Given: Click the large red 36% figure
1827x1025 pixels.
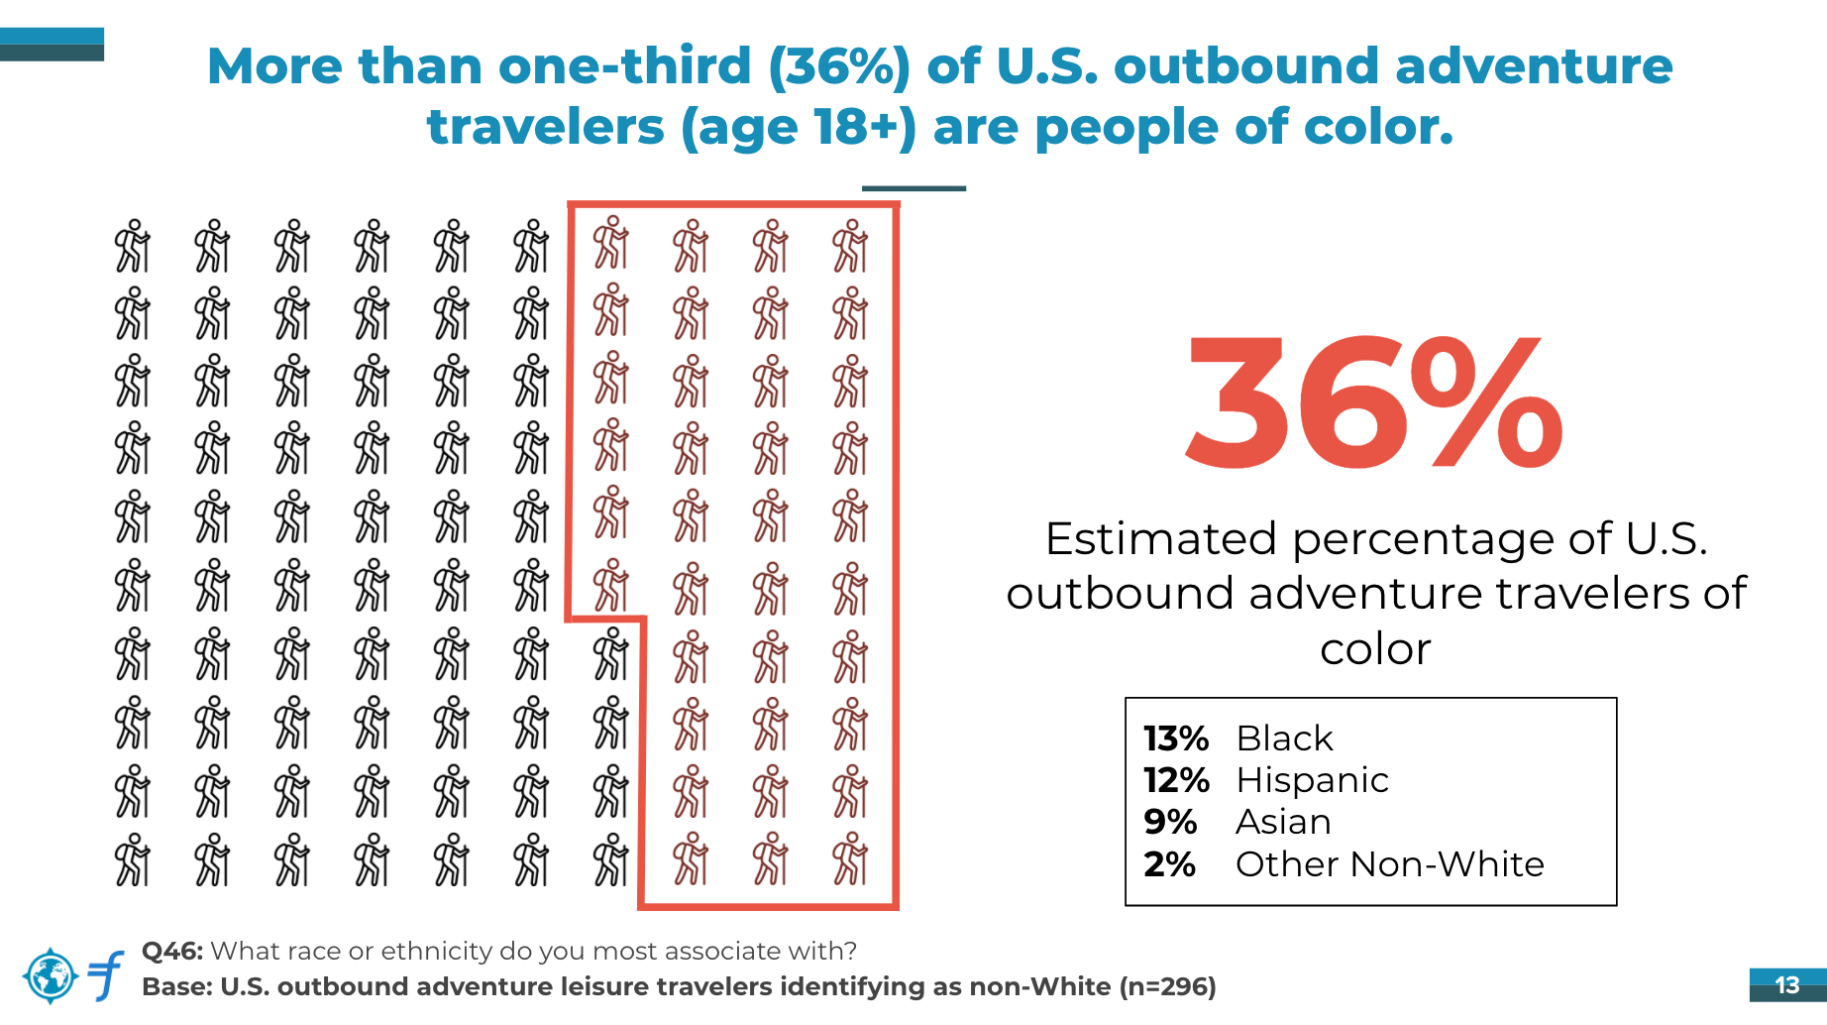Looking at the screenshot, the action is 1374,402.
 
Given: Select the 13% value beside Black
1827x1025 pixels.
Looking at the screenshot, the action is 1176,739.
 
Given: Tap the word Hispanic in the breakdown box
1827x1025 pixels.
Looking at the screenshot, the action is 1313,780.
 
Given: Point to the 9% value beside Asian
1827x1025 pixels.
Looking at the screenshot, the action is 1170,822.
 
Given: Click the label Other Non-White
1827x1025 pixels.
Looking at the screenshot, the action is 1390,864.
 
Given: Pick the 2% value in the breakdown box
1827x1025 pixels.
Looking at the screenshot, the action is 1169,864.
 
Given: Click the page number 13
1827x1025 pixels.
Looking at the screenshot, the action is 1787,985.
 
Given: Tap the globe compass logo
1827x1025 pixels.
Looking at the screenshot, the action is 50,975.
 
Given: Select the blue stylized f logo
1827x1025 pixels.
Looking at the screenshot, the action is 106,975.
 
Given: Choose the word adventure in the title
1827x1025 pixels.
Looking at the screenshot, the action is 1534,66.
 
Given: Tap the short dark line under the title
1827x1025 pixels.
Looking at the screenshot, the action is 913,188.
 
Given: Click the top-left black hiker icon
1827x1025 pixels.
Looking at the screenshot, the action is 132,246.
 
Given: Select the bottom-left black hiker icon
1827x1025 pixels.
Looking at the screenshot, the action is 132,859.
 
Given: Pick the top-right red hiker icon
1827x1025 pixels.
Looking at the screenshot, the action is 850,246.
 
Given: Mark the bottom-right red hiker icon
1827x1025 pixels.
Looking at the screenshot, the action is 850,859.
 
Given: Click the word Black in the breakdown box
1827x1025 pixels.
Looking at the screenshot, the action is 1285,739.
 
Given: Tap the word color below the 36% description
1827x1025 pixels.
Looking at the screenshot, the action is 1376,649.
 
